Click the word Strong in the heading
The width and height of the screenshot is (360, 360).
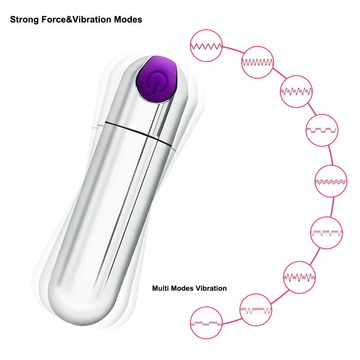point(24,20)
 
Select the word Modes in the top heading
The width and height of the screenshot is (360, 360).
point(128,19)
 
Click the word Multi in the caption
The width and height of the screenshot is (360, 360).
point(160,288)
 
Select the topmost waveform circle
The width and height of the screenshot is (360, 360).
point(206,45)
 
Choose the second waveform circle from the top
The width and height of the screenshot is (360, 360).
point(257,62)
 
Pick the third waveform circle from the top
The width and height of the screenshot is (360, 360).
point(296,91)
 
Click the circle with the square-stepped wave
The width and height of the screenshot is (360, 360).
point(322,130)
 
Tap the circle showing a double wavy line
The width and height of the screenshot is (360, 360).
point(331,181)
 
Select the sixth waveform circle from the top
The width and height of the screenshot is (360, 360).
point(327,233)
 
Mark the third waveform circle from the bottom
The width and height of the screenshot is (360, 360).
point(299,277)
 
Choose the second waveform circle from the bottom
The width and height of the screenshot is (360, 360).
point(256,310)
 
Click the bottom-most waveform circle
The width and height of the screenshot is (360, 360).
point(206,323)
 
